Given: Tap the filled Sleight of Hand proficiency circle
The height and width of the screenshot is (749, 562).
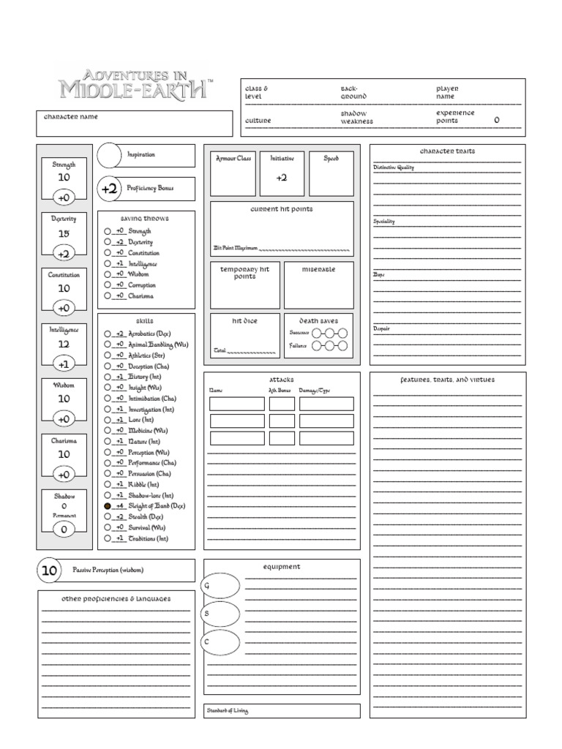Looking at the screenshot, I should [108, 505].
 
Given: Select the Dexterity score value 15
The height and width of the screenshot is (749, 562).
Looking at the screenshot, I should [64, 233].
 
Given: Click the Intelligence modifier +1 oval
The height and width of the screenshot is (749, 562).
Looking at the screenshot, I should [64, 364].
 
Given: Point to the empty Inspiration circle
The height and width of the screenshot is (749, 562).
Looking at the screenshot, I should [109, 155].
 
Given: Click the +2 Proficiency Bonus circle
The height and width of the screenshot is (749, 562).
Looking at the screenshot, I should [110, 189].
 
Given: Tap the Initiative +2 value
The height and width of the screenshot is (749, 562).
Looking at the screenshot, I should [282, 178].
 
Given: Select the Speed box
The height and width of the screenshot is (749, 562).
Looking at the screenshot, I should [331, 173].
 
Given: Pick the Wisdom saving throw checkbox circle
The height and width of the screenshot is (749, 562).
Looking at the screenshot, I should [108, 274].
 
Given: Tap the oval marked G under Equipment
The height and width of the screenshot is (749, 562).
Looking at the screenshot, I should [221, 586].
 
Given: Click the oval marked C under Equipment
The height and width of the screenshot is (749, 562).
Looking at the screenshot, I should [221, 641].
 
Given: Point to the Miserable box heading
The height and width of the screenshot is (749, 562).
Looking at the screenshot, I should [318, 269].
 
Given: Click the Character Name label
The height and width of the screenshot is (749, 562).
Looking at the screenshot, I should [71, 117].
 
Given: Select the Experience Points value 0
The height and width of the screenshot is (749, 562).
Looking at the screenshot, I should [497, 120].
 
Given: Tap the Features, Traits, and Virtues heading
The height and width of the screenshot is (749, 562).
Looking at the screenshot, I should [447, 380].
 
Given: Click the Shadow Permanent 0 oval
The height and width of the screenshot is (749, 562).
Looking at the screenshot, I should [64, 530].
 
